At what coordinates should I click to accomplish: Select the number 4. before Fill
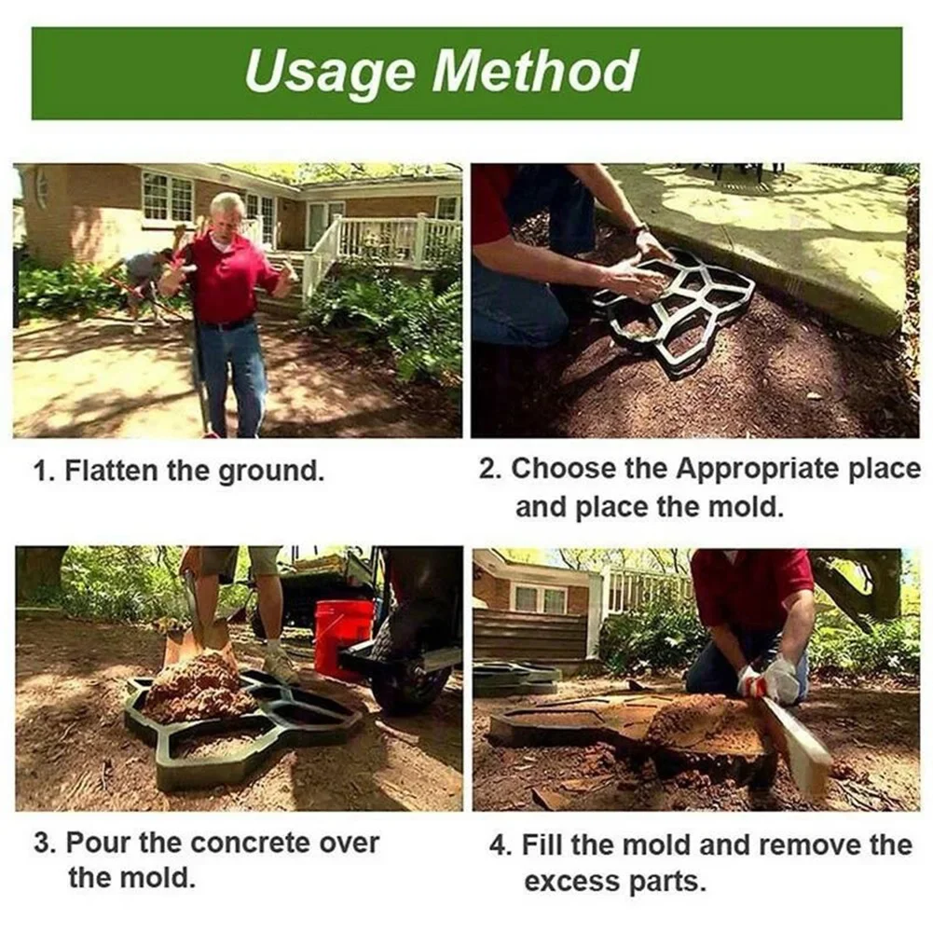(501, 845)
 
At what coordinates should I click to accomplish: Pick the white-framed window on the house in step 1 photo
(168, 198)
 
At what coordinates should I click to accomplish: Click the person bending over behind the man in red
(144, 280)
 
